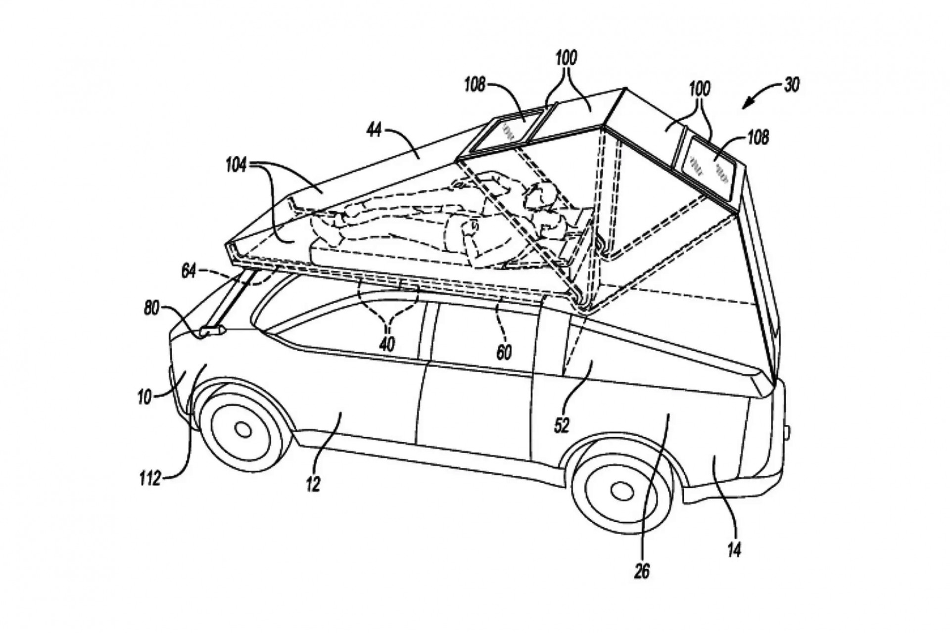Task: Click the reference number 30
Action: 791,85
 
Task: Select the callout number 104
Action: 236,166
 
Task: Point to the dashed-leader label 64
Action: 189,271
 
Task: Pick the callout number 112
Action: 150,478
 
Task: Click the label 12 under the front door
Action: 313,484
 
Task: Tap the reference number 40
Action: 387,344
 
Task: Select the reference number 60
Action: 504,352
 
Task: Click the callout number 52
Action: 562,424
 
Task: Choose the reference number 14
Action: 734,549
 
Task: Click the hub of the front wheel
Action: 243,430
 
